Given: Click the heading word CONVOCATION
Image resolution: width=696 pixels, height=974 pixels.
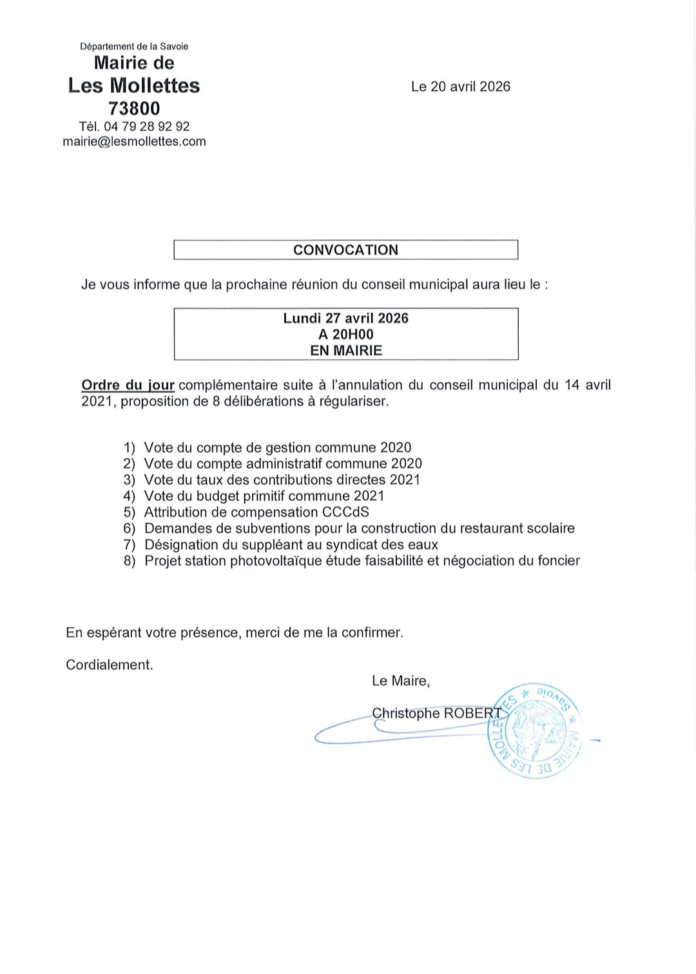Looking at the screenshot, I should [345, 250].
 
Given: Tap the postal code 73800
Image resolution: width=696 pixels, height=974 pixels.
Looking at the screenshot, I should [134, 108].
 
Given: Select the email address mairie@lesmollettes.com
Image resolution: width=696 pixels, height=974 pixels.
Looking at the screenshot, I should [134, 142].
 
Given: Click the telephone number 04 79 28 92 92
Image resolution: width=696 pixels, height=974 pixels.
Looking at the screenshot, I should [146, 126].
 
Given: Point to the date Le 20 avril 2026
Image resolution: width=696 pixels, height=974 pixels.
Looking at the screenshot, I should [460, 86].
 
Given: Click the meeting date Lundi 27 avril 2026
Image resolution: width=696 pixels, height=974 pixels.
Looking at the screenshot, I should [345, 318].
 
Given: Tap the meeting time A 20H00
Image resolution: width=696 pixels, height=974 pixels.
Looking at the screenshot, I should [345, 335].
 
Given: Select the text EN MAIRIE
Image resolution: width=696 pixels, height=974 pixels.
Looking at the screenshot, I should [345, 351].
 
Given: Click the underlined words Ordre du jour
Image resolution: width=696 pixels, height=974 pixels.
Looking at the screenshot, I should [128, 385].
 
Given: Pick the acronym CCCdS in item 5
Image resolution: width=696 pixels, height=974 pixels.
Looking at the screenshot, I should [345, 512].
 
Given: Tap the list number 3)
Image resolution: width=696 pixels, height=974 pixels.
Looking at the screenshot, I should [130, 480].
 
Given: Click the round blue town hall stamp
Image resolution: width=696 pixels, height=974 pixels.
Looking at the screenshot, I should [534, 730].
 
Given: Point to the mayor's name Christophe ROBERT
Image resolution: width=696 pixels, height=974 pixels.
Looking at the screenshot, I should [436, 713].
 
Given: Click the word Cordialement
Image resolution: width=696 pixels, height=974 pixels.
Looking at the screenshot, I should [110, 665].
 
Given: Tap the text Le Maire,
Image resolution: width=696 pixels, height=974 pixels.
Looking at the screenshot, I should [400, 681].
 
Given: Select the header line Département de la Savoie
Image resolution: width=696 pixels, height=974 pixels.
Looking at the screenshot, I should [134, 46].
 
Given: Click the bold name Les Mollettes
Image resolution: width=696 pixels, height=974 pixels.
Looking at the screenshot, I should [134, 86].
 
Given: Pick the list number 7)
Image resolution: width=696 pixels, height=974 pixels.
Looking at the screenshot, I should [130, 545].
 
